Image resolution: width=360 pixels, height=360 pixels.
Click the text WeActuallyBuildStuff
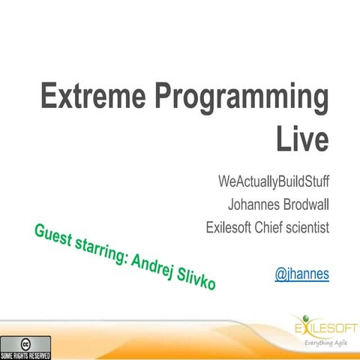click(x=274, y=182)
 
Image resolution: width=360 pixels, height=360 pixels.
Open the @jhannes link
click(x=302, y=274)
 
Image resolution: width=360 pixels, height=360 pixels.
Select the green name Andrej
click(x=153, y=268)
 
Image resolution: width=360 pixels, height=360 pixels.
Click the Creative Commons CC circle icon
click(x=25, y=342)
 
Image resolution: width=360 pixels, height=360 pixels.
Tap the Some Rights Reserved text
click(x=25, y=353)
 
